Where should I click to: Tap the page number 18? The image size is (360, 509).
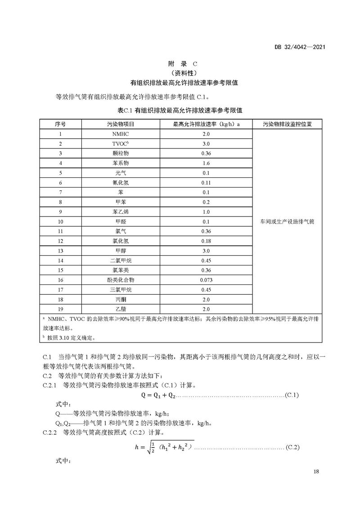[315, 472]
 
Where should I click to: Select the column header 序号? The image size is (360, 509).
[60, 124]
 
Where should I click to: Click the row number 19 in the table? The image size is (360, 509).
[60, 309]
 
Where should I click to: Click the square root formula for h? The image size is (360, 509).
[164, 447]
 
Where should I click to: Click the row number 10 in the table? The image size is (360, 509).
[60, 221]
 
